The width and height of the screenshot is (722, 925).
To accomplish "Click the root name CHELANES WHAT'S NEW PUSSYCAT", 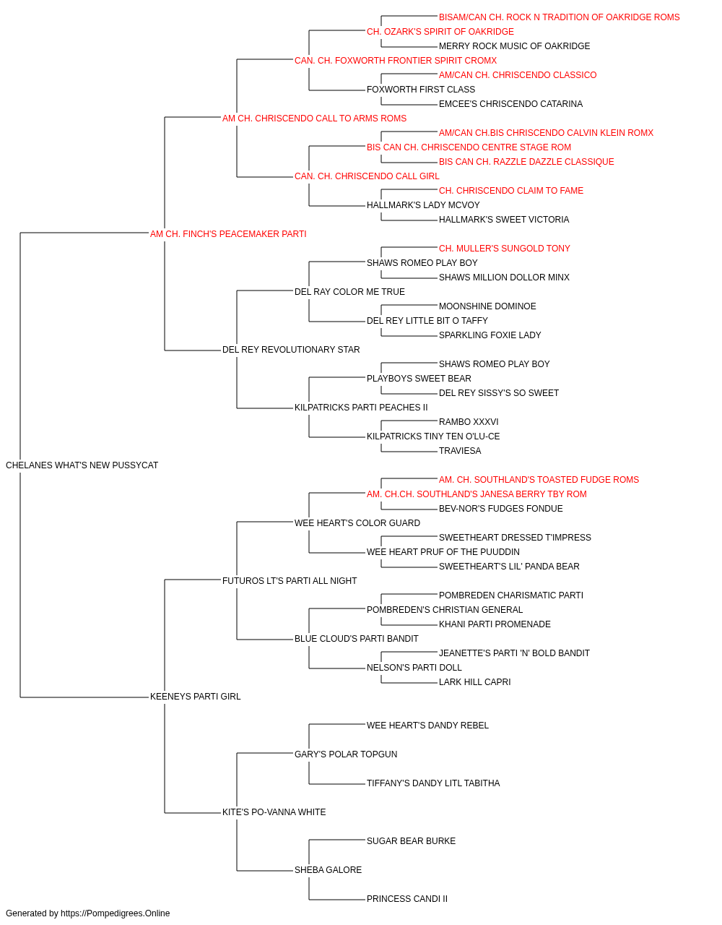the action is point(82,465).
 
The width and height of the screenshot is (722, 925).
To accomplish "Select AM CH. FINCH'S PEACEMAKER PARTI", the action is point(228,234).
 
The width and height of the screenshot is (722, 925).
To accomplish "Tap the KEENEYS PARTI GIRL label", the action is point(195,697).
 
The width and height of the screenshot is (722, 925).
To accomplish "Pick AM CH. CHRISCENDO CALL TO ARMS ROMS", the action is point(314,119).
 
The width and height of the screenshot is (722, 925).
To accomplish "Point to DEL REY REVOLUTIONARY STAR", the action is point(291,350).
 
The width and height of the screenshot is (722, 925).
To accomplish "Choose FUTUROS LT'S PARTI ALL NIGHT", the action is point(289,581).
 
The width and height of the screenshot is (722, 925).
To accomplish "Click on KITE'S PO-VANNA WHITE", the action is point(274,812).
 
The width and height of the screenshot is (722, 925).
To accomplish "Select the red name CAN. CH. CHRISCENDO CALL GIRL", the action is point(367,176).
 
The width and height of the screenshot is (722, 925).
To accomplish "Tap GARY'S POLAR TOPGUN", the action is point(346,754).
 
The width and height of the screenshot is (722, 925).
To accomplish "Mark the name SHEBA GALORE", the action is point(328,870).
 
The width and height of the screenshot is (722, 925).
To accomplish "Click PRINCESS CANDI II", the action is point(407,899).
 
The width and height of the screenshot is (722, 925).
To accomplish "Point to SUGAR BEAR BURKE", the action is point(411,841).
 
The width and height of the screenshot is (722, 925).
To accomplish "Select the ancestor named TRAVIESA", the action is point(460,451).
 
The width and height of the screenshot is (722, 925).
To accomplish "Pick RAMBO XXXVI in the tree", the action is point(469,422).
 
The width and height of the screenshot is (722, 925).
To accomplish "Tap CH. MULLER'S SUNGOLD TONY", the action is point(504,249).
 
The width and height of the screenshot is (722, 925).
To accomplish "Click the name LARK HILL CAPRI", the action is point(474,682).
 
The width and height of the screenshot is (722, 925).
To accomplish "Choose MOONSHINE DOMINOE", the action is point(487,306).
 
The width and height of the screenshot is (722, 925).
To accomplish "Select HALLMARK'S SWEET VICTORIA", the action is point(504,220).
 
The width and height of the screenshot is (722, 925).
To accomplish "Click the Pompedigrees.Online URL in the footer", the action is point(115,913).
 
